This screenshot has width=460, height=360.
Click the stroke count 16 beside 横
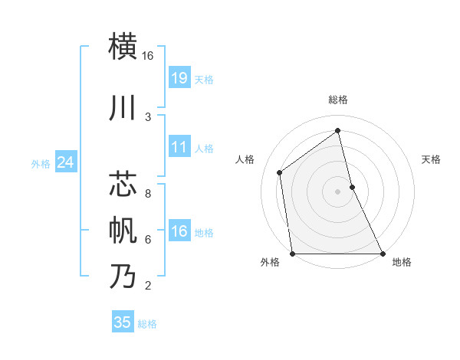click(148, 56)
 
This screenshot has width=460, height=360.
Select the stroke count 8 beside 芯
click(148, 194)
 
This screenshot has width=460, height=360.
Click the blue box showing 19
click(179, 77)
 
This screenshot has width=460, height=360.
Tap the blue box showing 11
click(179, 147)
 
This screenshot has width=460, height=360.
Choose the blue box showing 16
click(179, 231)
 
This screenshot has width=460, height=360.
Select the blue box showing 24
click(66, 162)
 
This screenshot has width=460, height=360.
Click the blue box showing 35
click(123, 322)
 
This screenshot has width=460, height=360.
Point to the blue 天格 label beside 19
click(204, 79)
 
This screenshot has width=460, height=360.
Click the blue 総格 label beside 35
click(147, 324)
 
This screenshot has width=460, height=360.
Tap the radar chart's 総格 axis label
click(338, 100)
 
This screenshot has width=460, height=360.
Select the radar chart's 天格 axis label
click(432, 159)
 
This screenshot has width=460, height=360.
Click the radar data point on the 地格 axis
click(382, 254)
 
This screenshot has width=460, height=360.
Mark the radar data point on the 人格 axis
click(280, 172)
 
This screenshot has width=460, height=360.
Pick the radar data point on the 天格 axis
click(352, 187)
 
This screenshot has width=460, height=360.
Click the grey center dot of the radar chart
click(338, 191)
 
